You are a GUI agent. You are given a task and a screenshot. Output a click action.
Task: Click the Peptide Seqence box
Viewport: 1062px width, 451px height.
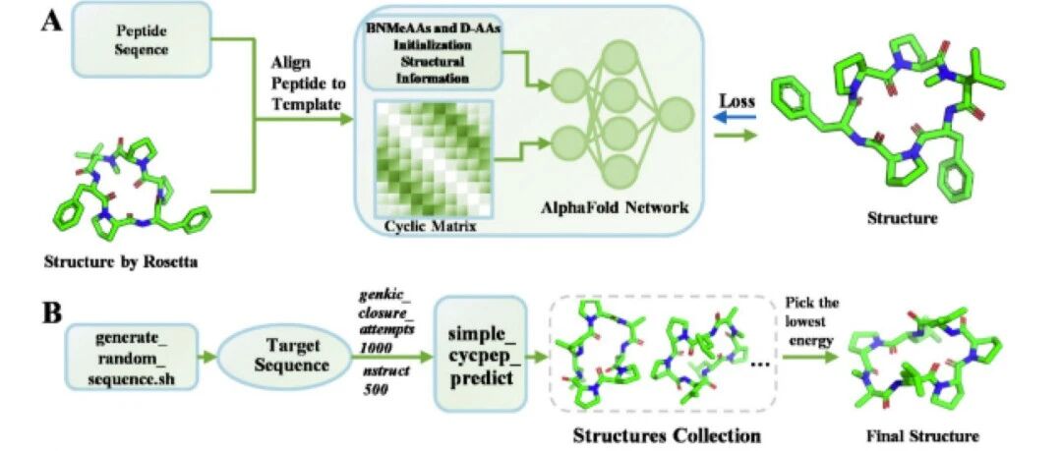143,40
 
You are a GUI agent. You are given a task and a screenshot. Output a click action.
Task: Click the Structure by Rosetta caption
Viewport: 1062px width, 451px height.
121,262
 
